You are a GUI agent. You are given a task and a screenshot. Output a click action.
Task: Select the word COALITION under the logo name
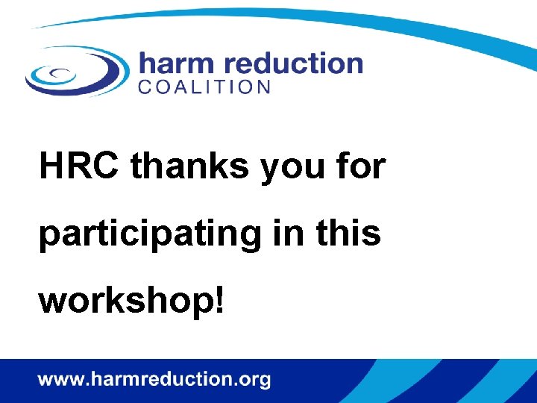(x=204, y=87)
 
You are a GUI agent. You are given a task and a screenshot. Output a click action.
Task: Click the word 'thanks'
(x=191, y=166)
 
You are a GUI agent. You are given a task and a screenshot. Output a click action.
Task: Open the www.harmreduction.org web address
(x=154, y=380)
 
